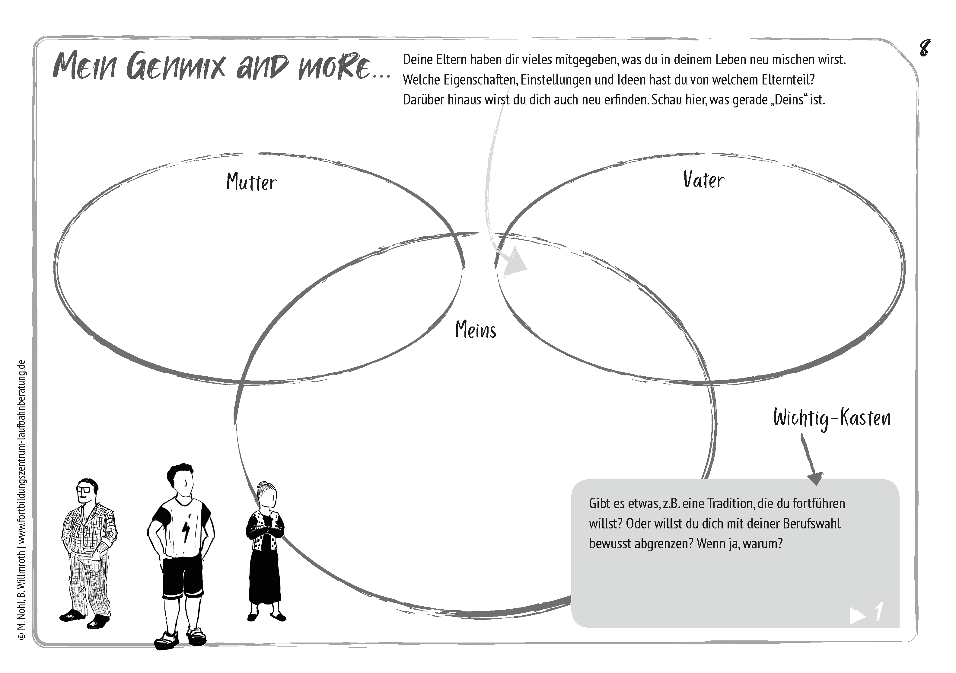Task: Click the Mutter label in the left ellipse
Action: [251, 182]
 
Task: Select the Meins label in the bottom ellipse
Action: [476, 330]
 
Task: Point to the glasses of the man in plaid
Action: [86, 489]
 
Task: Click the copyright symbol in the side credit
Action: [22, 636]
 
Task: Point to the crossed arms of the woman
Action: [265, 531]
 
